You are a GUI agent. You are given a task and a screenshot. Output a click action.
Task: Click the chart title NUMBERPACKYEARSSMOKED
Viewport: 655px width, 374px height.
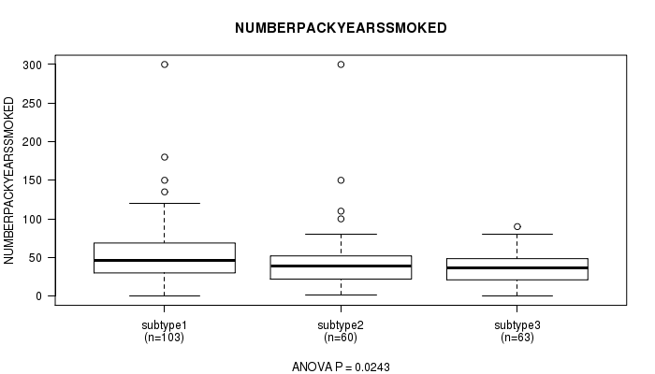(341, 28)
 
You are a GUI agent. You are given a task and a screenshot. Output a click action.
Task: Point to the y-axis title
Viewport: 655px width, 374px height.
(9, 180)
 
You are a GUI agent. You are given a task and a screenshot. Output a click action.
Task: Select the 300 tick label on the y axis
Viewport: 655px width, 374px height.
(33, 65)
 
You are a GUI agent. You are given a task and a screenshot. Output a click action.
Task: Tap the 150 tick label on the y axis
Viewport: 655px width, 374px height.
(33, 180)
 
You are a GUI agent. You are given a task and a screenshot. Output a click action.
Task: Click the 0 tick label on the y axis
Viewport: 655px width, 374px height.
(39, 296)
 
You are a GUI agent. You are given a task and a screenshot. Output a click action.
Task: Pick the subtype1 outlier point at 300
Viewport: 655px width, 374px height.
(165, 65)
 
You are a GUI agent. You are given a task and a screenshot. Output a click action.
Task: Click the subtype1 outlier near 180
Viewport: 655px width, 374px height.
(165, 157)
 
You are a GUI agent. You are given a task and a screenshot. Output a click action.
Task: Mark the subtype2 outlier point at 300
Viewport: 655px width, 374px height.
(341, 65)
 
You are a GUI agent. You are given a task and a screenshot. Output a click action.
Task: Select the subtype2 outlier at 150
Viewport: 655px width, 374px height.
(341, 180)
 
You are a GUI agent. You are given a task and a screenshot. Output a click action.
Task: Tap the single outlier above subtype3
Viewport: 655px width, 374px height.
(517, 226)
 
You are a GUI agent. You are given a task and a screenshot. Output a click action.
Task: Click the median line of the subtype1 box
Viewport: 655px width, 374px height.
(165, 261)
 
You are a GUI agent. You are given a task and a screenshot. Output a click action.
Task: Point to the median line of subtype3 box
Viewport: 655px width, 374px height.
(517, 267)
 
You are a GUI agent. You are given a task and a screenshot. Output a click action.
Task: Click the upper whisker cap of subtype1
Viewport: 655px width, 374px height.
(165, 203)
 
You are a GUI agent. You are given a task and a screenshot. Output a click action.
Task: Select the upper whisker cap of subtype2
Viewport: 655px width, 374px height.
(341, 234)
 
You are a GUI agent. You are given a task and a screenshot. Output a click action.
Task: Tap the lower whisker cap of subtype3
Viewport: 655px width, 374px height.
(517, 296)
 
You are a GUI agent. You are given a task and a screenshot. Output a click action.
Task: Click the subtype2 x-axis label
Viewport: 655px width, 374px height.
(341, 325)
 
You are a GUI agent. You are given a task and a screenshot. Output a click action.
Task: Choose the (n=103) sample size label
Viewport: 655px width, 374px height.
(164, 338)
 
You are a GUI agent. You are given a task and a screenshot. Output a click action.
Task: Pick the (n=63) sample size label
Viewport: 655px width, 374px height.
(517, 338)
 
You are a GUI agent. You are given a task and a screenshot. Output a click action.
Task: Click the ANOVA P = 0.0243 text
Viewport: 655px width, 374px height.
(341, 367)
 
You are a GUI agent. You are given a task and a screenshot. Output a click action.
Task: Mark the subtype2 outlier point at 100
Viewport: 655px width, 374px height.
(341, 219)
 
